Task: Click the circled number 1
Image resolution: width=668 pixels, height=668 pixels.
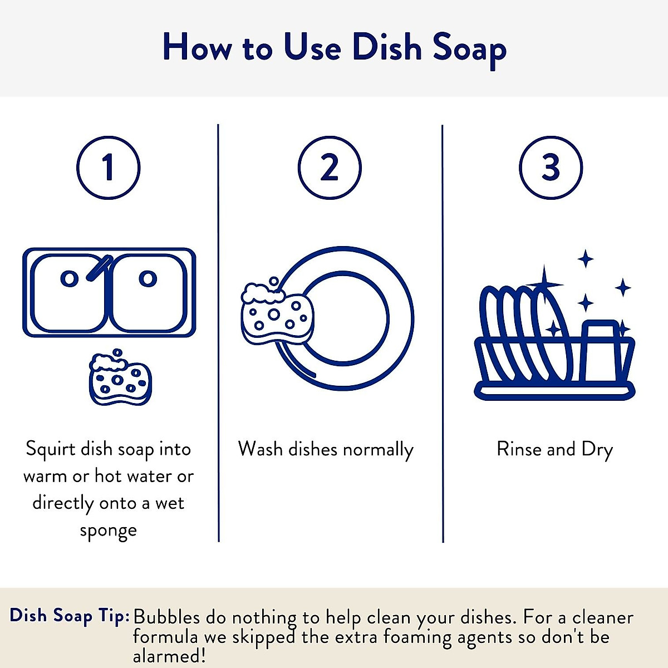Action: (108, 168)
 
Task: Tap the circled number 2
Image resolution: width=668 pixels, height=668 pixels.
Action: (330, 168)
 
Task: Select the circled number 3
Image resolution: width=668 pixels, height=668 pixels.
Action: (551, 168)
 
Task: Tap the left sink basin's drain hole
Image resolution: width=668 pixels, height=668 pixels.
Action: (69, 278)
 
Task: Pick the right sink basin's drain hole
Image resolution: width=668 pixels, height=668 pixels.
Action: (148, 278)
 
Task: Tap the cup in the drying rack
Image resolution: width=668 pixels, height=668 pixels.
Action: (601, 351)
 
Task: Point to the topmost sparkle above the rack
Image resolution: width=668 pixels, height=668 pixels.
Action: (585, 259)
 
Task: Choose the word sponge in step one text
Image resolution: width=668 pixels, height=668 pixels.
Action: (108, 531)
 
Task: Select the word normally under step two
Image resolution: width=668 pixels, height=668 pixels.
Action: (378, 450)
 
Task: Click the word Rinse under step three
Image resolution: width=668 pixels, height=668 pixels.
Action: (519, 449)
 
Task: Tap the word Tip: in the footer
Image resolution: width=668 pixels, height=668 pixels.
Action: (114, 616)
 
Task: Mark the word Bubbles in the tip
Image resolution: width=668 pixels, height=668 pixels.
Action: (166, 617)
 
